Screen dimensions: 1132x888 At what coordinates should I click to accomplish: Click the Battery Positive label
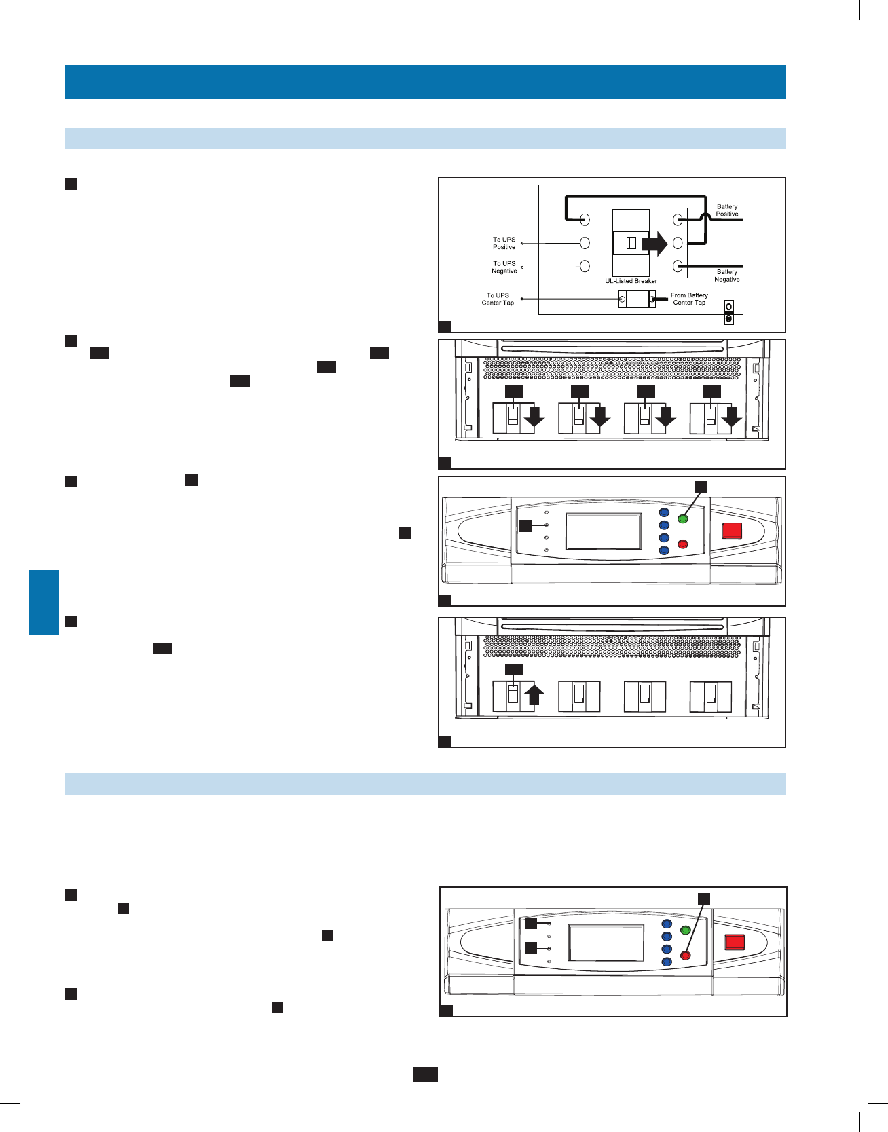pos(726,210)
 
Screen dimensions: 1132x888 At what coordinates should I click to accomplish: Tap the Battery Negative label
pos(726,276)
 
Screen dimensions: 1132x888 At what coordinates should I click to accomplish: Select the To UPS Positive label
pos(504,243)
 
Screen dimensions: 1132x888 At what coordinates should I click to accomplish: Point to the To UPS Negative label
pos(504,267)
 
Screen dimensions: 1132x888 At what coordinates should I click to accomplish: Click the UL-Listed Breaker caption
pos(631,281)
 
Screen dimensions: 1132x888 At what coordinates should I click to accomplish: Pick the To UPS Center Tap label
pos(498,299)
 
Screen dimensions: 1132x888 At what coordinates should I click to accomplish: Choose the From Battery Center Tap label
pos(689,299)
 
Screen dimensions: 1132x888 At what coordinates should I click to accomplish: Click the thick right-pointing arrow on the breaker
pos(654,243)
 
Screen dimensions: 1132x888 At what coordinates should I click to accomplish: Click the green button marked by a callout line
pos(683,520)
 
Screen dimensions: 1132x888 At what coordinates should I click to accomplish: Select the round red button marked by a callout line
pos(685,956)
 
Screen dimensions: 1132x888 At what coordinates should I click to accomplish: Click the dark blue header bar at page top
pos(425,82)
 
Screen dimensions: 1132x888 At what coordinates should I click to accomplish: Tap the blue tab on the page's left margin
pos(43,603)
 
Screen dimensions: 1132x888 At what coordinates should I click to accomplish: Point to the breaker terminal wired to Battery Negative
pos(678,266)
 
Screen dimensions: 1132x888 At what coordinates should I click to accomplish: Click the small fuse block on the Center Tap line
pos(637,299)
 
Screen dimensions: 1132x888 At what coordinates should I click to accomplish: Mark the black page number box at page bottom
pos(425,1074)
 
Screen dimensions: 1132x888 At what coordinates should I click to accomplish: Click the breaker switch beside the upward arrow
pos(513,696)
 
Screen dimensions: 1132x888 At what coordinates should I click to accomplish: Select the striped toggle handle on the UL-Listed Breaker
pos(631,243)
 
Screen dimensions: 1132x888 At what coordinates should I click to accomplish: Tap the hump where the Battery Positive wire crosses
pos(705,215)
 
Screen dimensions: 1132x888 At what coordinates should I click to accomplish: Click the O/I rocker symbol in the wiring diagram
pos(728,313)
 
